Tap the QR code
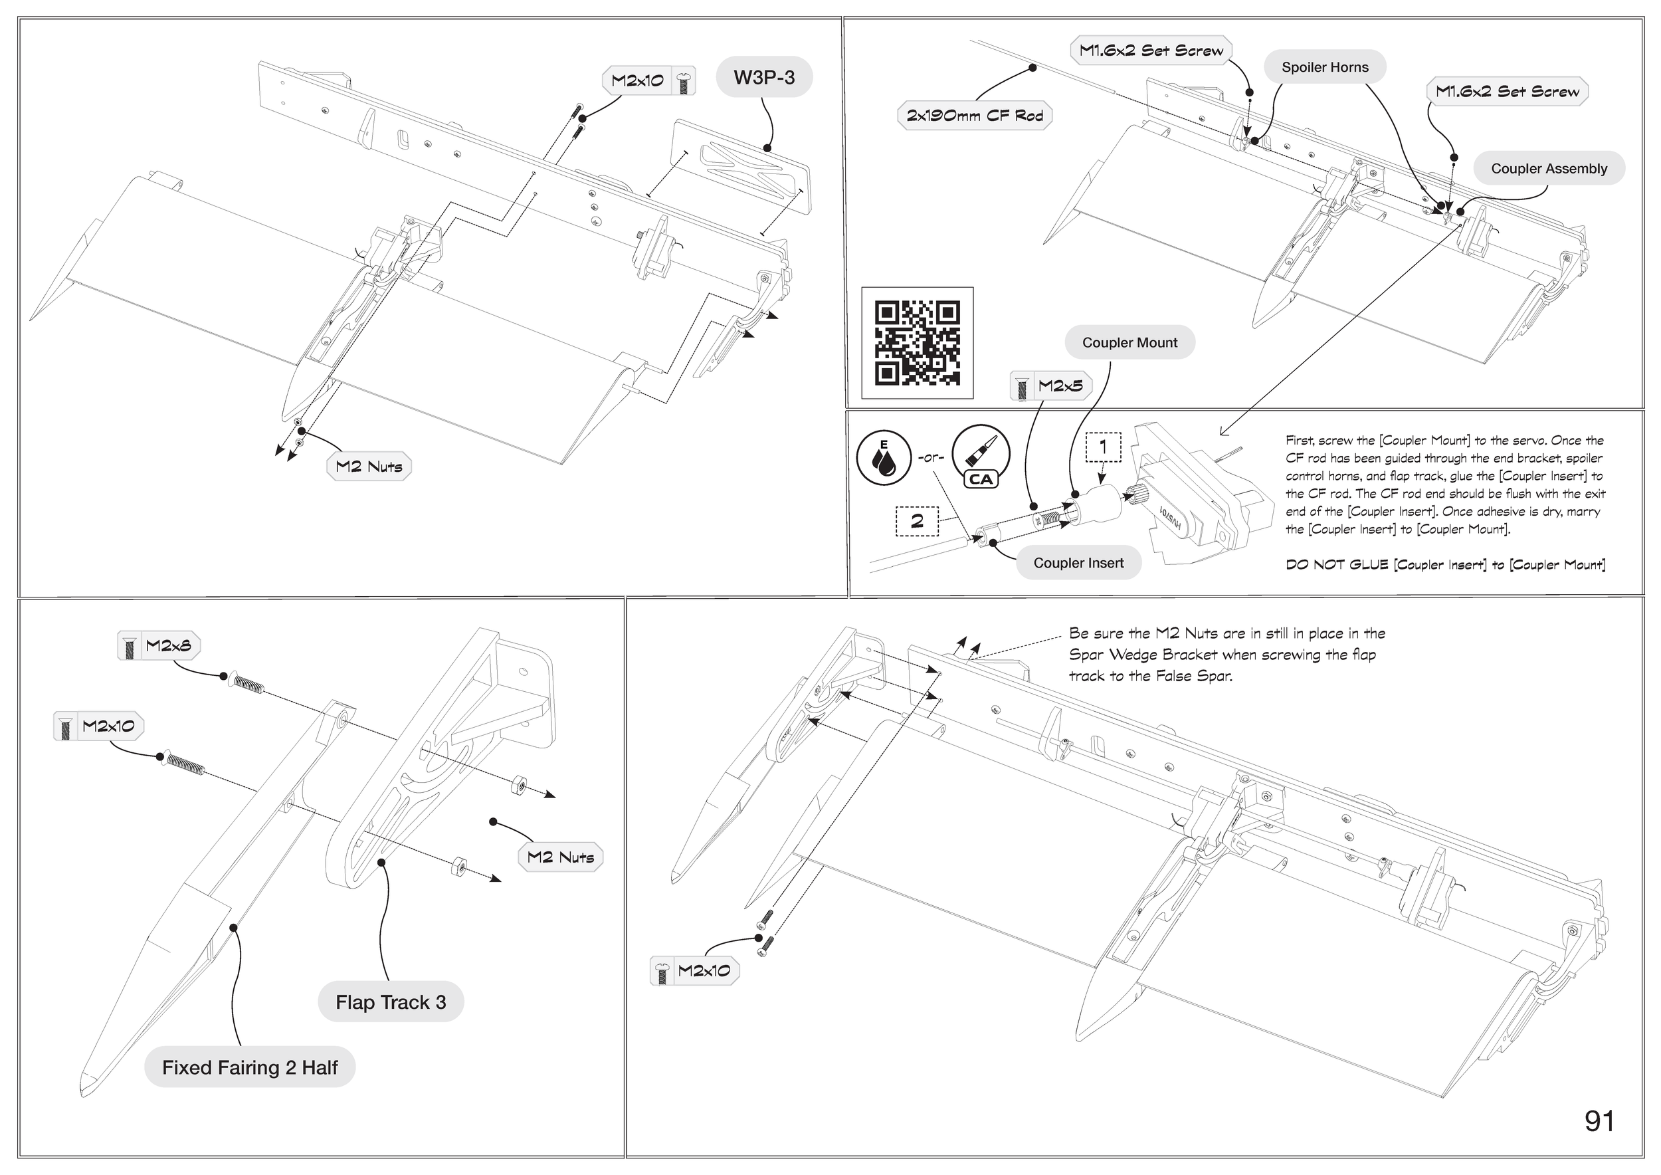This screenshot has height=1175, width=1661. (x=918, y=343)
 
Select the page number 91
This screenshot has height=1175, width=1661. (x=1599, y=1121)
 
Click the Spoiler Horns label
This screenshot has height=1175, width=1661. (x=1325, y=67)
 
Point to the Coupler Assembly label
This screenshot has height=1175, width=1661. (x=1549, y=169)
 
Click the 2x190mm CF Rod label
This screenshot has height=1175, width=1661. (x=975, y=116)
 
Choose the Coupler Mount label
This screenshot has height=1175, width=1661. (x=1129, y=343)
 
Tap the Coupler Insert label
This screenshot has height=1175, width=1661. (x=1078, y=563)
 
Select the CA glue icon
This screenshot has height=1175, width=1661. (x=980, y=457)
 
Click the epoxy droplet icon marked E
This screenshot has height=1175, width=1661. (x=883, y=457)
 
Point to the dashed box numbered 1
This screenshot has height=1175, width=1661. (x=1102, y=447)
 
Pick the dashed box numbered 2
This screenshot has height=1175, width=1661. (x=917, y=521)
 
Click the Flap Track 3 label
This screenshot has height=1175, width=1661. (x=391, y=1002)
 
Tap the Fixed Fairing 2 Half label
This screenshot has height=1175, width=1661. (x=250, y=1067)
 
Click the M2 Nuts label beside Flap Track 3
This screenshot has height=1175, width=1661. (x=561, y=857)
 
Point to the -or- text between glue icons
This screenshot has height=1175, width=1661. (x=930, y=457)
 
